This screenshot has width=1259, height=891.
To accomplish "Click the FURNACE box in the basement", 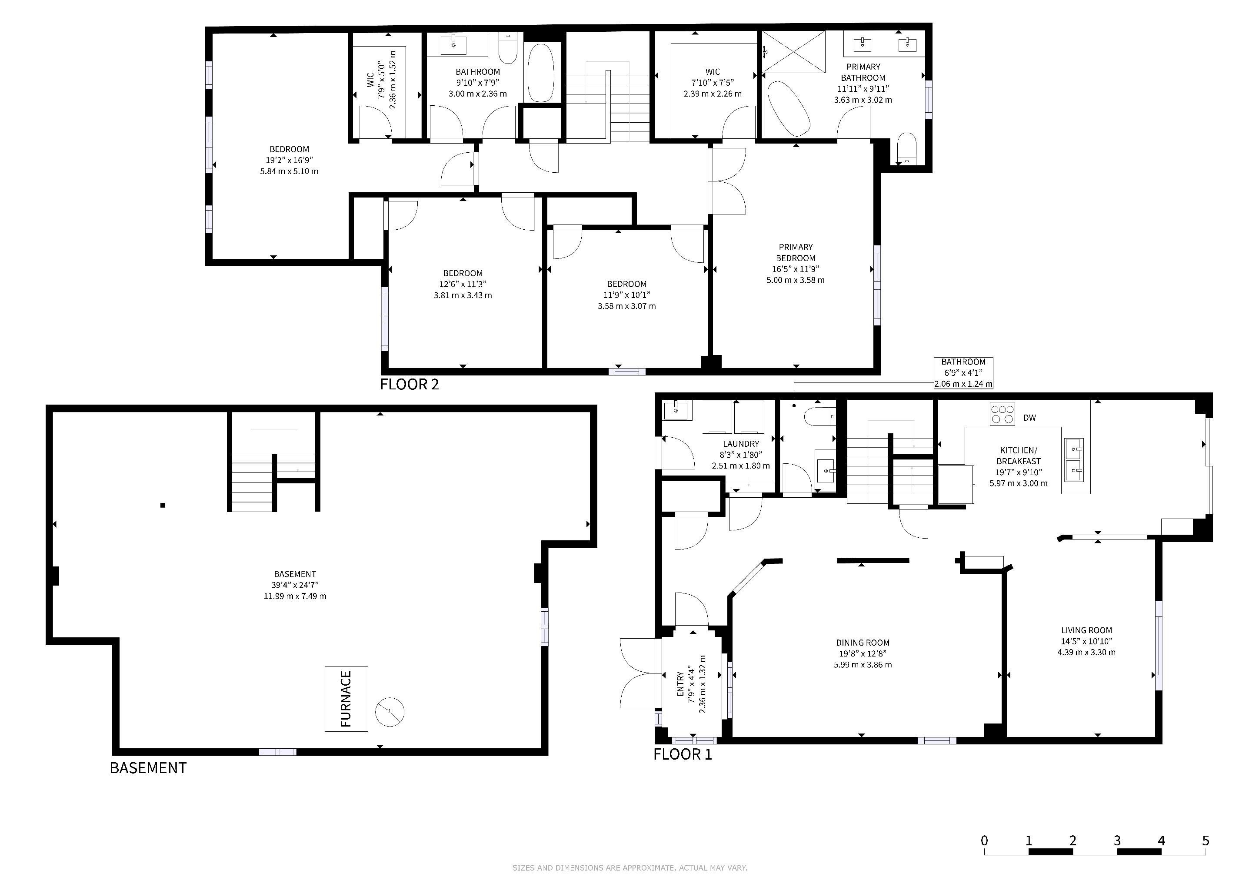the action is [346, 699].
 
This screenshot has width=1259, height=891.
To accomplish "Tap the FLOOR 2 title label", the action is [410, 384].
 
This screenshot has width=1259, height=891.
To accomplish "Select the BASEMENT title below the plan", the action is [148, 767].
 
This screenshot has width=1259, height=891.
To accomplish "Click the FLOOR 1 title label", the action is [683, 754].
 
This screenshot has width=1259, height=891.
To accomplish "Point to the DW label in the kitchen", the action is [1030, 418].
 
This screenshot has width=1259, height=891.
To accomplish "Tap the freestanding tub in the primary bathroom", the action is [789, 108].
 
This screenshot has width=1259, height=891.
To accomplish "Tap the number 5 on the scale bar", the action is [1205, 841].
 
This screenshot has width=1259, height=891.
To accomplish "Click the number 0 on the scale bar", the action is [984, 841].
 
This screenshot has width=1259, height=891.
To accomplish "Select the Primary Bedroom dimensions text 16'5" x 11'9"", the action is [796, 269].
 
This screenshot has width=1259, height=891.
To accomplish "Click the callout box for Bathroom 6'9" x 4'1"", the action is [963, 373].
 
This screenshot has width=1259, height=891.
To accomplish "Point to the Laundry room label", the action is [741, 444].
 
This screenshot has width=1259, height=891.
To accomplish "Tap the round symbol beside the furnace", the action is [390, 712].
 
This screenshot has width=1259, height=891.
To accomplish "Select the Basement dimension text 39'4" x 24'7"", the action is [295, 585].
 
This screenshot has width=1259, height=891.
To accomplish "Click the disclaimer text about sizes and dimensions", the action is [629, 868].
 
